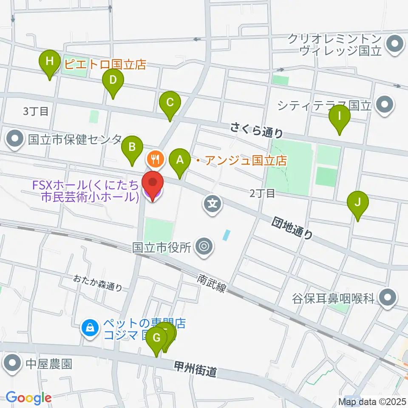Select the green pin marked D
pyautogui.click(x=113, y=80)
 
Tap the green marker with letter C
pyautogui.click(x=170, y=103)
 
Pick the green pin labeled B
pyautogui.click(x=132, y=148)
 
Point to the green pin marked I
pyautogui.click(x=340, y=116)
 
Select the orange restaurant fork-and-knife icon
pyautogui.click(x=153, y=159)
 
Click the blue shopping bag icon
pyautogui.click(x=90, y=328)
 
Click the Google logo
pyautogui.click(x=28, y=398)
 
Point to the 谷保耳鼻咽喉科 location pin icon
pyautogui.click(x=387, y=298)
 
